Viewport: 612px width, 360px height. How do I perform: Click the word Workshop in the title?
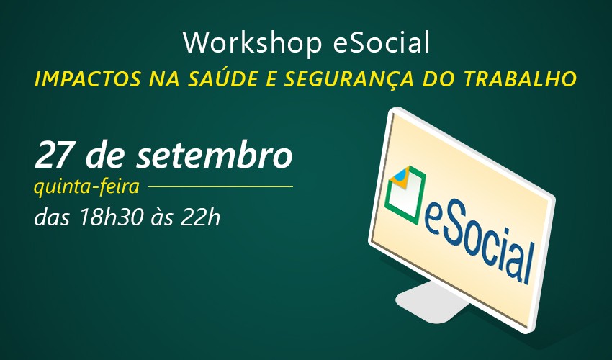252,43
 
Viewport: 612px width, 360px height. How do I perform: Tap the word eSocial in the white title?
382,42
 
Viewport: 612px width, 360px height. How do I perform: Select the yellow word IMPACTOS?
88,79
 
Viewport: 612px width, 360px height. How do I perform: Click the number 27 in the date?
53,155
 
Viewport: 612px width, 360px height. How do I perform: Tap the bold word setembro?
215,155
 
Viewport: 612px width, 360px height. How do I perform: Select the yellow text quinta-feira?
86,186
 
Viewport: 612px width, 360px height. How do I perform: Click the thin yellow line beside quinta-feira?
220,186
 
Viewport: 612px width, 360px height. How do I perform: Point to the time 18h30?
110,217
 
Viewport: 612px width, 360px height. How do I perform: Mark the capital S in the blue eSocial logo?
449,229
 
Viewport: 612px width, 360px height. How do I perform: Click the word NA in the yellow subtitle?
164,79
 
